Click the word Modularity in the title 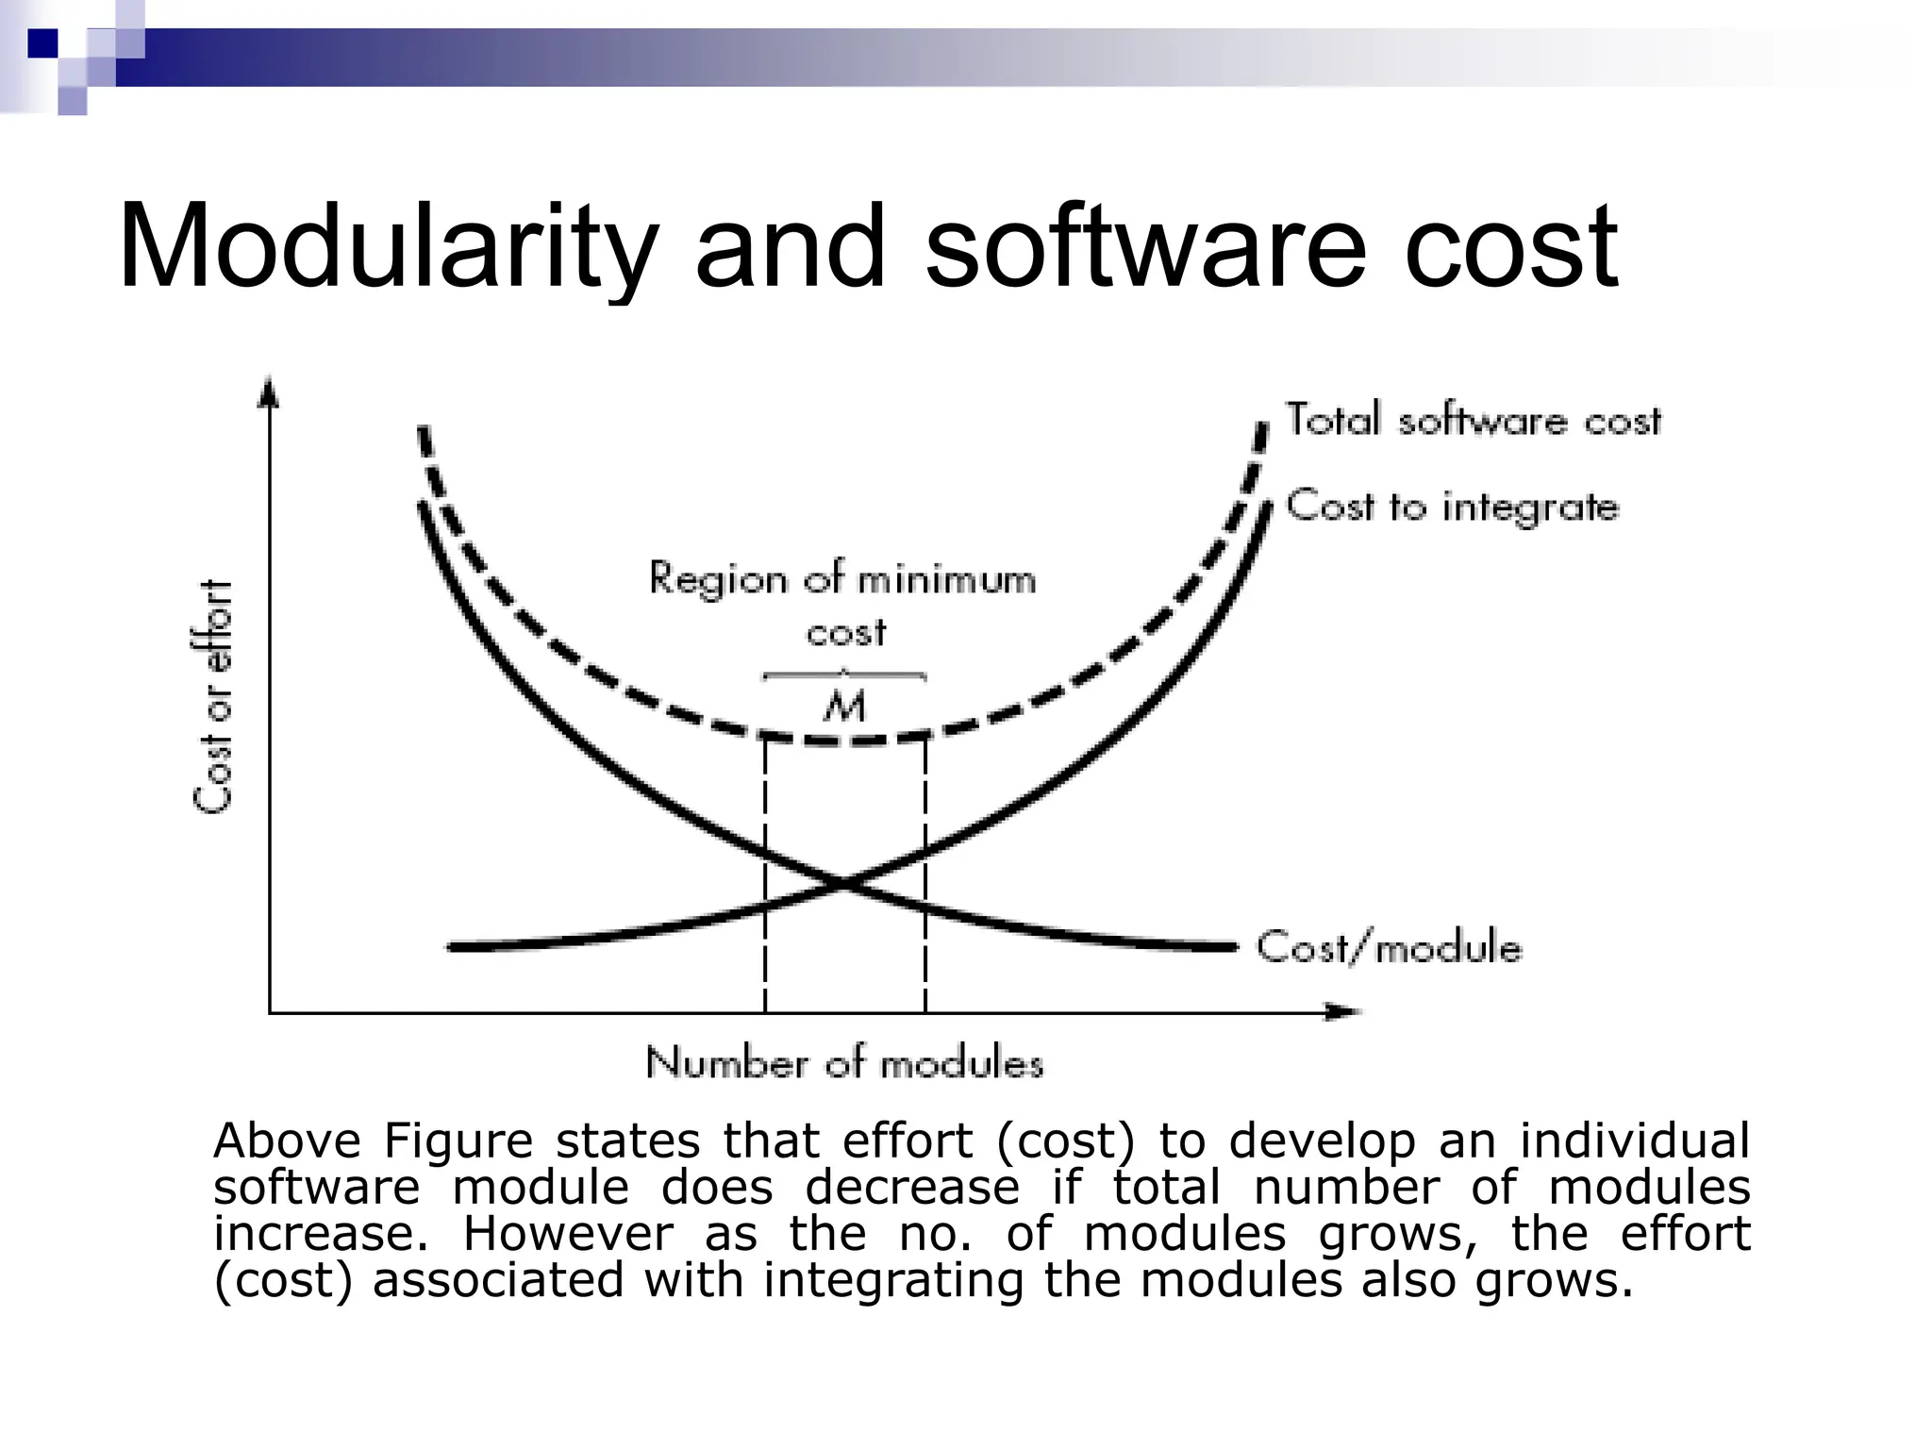tap(386, 247)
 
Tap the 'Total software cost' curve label tap(1473, 420)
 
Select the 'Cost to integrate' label tap(1452, 507)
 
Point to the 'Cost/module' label tap(1389, 946)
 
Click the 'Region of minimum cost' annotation tap(842, 604)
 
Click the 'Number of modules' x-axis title tap(844, 1064)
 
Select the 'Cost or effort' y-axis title tap(213, 696)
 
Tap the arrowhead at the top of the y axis tap(270, 390)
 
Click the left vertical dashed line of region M tap(765, 877)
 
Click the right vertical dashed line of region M tap(924, 877)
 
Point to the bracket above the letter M tap(844, 675)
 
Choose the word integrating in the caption tap(892, 1280)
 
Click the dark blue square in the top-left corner tap(42, 42)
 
